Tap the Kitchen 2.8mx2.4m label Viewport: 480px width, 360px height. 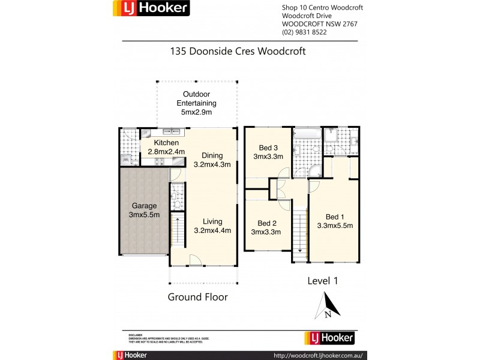166,147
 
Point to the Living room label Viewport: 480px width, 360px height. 212,225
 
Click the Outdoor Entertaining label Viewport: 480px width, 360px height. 197,103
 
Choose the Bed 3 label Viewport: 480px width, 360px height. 268,152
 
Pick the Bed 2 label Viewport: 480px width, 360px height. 266,227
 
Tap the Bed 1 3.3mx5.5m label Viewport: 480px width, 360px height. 335,221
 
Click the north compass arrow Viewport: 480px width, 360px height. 328,305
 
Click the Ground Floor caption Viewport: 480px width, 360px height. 197,297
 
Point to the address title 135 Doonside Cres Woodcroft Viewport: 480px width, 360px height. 239,52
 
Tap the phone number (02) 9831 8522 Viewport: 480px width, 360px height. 304,32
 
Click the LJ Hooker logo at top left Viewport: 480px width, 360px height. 152,8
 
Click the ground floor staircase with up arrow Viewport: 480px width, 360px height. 178,232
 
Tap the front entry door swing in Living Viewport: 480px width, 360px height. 195,260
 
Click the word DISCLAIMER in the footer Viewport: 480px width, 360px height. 135,334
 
